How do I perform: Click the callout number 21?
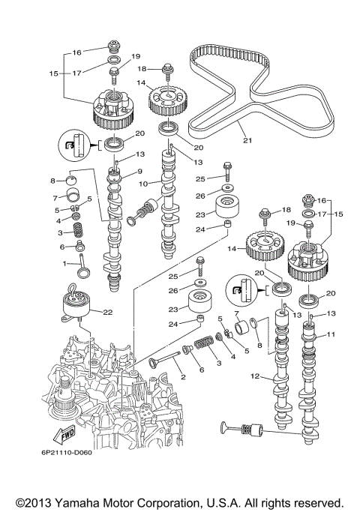click(x=247, y=140)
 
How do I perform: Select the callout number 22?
click(x=108, y=312)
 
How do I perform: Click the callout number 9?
click(x=139, y=171)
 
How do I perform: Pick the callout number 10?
click(x=143, y=184)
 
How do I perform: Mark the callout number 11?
click(x=331, y=334)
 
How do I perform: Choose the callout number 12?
click(x=255, y=376)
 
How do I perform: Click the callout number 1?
click(x=64, y=263)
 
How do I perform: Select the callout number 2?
click(x=183, y=377)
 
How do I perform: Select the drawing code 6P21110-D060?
click(x=67, y=453)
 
